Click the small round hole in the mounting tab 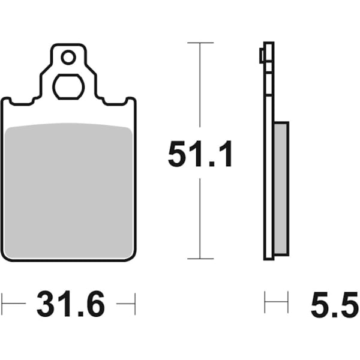tap(68, 58)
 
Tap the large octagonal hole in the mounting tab tap(68, 87)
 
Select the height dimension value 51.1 tap(200, 155)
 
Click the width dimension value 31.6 tap(70, 305)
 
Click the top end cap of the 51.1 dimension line tap(200, 43)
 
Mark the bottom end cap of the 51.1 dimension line tap(200, 259)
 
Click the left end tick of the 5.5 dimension tap(265, 302)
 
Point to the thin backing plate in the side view tap(268, 180)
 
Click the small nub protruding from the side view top tap(261, 56)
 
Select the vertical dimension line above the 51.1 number tap(200, 90)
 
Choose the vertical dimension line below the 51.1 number tap(200, 216)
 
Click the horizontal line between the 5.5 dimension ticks tap(276, 302)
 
